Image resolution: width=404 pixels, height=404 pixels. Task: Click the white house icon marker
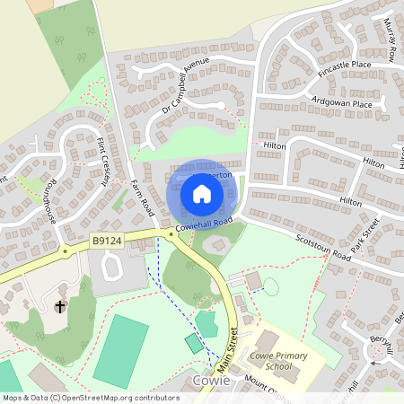pos(202,193)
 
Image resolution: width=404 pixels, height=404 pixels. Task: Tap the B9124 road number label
pos(106,241)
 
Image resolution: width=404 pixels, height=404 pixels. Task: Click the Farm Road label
pos(142,196)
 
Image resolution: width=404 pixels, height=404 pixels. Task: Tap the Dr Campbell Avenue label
pos(185,84)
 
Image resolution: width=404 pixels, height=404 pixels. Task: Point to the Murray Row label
pos(393,40)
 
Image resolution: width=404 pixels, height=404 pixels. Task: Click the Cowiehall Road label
pos(204,223)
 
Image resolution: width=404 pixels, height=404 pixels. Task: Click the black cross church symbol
pos(60,307)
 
